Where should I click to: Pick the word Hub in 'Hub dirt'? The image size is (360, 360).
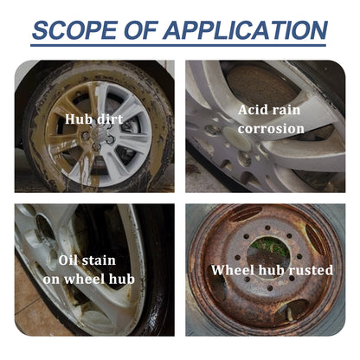[80, 118]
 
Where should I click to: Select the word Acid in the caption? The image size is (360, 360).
[254, 111]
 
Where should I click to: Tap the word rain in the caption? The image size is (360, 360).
[291, 111]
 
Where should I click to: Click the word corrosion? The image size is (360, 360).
[272, 129]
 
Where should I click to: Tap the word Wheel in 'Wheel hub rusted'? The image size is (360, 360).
[232, 270]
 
